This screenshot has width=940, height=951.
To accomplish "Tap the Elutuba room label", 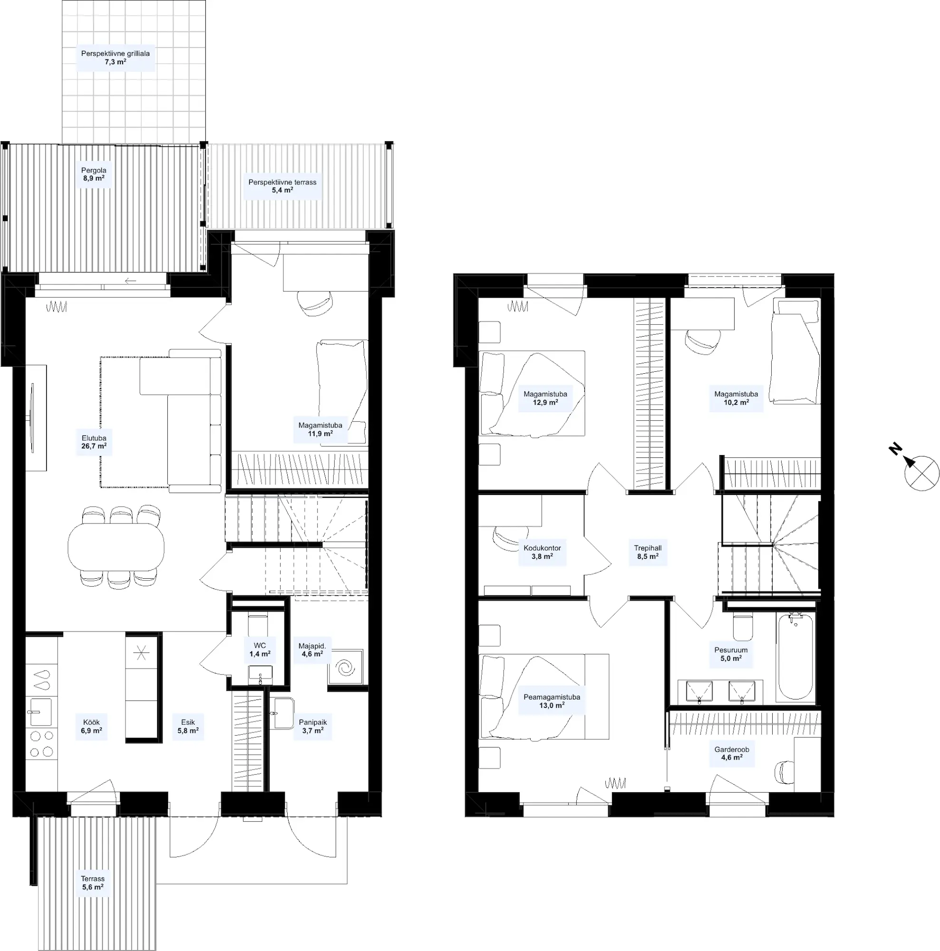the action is [x=94, y=442].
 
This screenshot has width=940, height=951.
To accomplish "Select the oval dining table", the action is [x=116, y=546].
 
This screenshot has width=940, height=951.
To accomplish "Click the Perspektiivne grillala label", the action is [x=115, y=58].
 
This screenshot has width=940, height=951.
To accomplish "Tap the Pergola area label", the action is [x=94, y=174].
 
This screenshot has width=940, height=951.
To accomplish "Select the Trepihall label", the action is [x=647, y=552].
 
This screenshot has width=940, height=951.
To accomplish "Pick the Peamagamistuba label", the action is [x=552, y=701].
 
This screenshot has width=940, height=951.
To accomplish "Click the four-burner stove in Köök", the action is [x=41, y=744].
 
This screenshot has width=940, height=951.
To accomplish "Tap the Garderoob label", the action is [x=732, y=754].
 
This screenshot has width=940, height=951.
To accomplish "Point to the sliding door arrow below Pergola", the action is [x=130, y=281].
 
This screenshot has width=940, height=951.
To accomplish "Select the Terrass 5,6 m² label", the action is [x=93, y=883].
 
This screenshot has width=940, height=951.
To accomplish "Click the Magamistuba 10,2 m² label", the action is [x=736, y=398].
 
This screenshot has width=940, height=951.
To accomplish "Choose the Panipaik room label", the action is [x=312, y=727].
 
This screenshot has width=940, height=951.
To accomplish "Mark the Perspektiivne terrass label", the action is [x=282, y=186].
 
